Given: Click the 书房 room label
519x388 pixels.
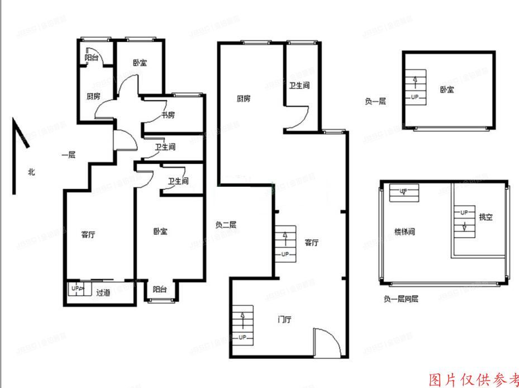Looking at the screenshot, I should coord(168,115).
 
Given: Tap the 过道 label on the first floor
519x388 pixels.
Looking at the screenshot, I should coord(102,292).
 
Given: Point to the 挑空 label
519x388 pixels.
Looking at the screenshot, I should coord(485,217).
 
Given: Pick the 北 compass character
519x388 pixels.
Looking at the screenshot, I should coord(32,172).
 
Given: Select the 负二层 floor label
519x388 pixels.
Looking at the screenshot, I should coord(226,225).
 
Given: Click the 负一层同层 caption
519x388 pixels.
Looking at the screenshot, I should coord(401,299).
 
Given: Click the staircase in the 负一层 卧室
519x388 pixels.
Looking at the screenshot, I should coord(414,87).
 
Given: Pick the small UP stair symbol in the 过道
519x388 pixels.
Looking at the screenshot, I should coord(77,289).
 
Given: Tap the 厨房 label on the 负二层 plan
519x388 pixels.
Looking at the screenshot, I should coord(243,99).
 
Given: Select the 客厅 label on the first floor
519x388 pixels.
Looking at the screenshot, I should coord(88,235).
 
